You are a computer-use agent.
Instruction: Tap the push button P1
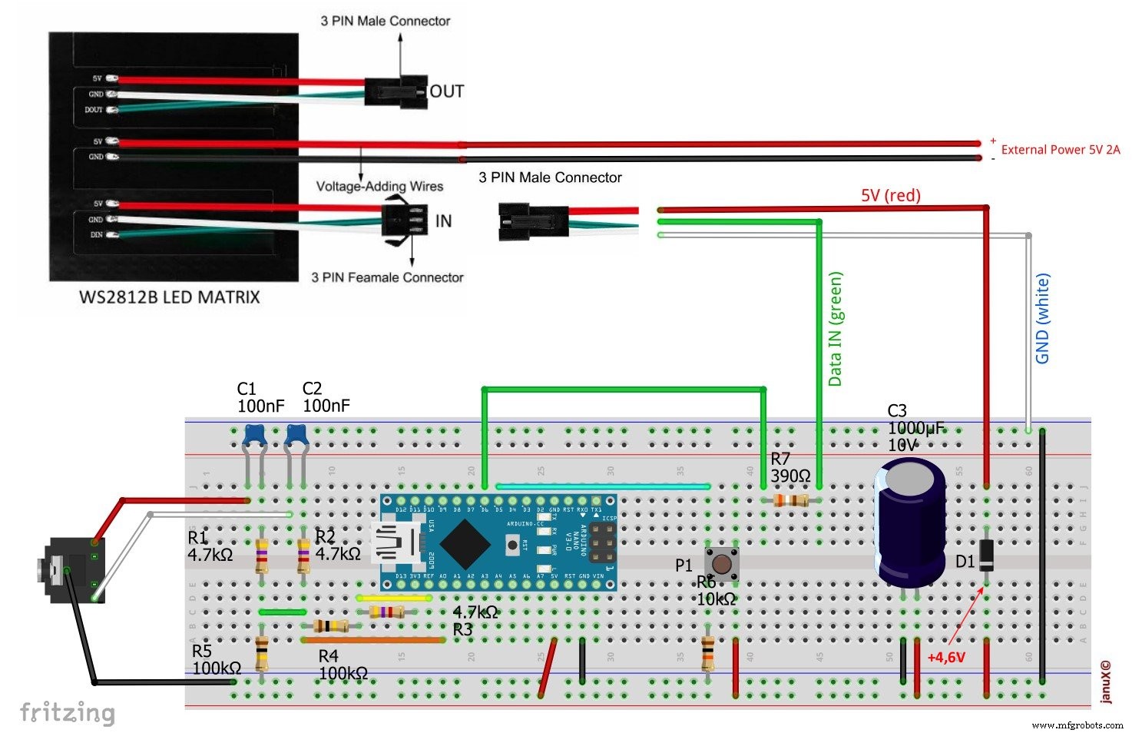pyautogui.click(x=722, y=564)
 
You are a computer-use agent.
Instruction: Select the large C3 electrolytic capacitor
pyautogui.click(x=911, y=522)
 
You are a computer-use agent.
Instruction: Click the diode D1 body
pyautogui.click(x=987, y=555)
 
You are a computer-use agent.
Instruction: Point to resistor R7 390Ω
pyautogui.click(x=789, y=501)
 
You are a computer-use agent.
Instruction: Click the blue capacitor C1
pyautogui.click(x=253, y=436)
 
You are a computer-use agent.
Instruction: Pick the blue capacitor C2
pyautogui.click(x=296, y=436)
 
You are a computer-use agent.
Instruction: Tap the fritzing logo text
pyautogui.click(x=68, y=712)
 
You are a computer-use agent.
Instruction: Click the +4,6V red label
pyautogui.click(x=945, y=658)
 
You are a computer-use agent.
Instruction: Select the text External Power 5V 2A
pyautogui.click(x=1060, y=150)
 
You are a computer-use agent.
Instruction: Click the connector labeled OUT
pyautogui.click(x=395, y=91)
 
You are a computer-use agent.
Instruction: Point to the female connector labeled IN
pyautogui.click(x=405, y=221)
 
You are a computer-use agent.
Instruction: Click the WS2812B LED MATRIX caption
pyautogui.click(x=170, y=297)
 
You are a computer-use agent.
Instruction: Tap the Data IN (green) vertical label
pyautogui.click(x=836, y=329)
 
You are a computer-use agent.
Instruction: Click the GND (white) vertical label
pyautogui.click(x=1042, y=319)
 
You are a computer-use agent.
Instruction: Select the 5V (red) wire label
pyautogui.click(x=890, y=195)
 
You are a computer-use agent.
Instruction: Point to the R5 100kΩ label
pyautogui.click(x=217, y=661)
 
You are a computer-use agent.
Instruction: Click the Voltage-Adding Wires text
pyautogui.click(x=379, y=186)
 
